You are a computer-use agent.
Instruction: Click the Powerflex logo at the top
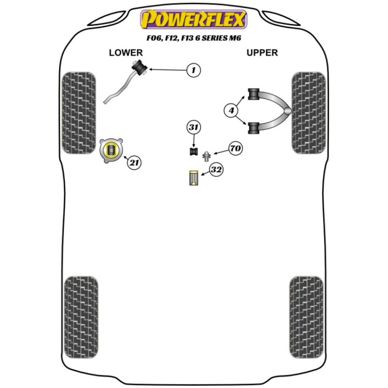click(194, 19)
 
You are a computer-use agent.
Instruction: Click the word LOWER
click(126, 53)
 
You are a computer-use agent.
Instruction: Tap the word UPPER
click(262, 53)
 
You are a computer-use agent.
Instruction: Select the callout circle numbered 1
click(194, 70)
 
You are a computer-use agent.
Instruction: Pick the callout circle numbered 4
click(231, 110)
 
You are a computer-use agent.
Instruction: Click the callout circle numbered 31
click(194, 127)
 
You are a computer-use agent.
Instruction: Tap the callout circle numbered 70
click(236, 148)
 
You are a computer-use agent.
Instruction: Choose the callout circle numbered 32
click(216, 170)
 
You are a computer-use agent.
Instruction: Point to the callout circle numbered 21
click(134, 163)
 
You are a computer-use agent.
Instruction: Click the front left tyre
click(79, 113)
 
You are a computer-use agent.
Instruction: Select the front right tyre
click(308, 113)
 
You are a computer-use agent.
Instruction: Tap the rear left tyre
click(81, 317)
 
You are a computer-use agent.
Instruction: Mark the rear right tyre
click(307, 317)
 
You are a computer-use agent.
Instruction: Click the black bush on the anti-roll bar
click(140, 67)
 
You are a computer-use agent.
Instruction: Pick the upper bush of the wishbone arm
click(254, 94)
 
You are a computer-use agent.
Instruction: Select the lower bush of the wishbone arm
click(254, 128)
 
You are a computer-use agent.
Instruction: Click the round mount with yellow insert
click(111, 150)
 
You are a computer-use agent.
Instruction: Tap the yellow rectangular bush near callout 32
click(194, 178)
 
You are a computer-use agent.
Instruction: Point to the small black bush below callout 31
click(194, 151)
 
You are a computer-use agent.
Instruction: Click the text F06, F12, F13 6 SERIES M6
click(194, 38)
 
